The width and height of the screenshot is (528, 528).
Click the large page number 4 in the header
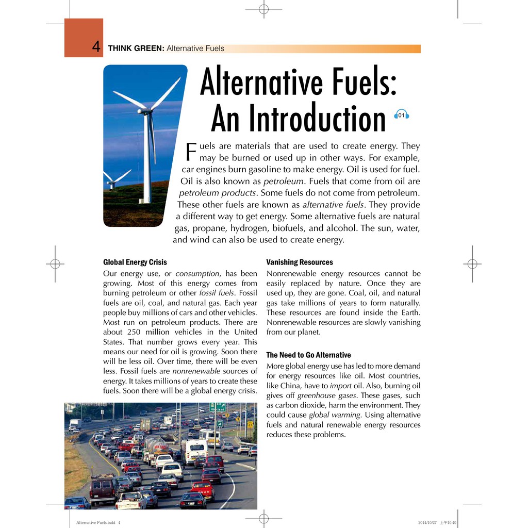tap(96, 47)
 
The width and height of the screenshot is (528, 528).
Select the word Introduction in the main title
tap(298, 119)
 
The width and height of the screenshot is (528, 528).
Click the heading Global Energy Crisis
tap(135, 262)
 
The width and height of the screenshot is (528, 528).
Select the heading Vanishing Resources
tap(300, 262)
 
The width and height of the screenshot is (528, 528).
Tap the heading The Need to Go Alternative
tap(308, 355)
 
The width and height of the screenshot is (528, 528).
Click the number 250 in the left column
tap(137, 332)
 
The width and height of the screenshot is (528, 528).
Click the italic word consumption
tap(197, 274)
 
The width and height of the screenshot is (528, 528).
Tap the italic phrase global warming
tap(335, 415)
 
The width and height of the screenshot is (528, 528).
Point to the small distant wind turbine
tap(112, 181)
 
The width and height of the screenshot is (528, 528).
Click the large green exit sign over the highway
tap(218, 407)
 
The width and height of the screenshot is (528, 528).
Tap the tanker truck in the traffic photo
tap(156, 445)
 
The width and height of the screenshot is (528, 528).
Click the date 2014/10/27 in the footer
tap(427, 523)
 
